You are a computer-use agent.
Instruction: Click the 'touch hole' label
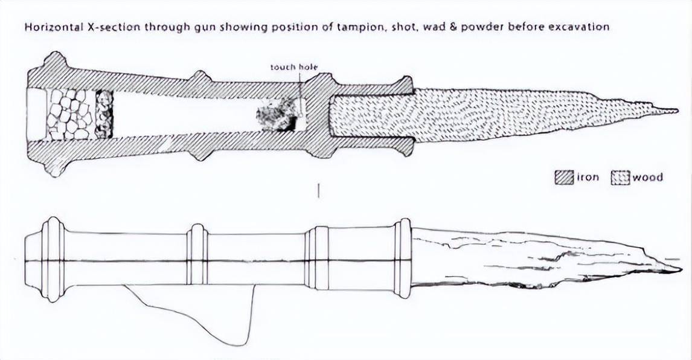294,67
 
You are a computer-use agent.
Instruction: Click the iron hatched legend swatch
564,178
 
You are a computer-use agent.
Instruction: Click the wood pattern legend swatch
620,178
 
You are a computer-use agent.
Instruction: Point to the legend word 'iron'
588,178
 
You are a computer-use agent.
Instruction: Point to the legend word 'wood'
647,178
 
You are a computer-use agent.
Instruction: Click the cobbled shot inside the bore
69,115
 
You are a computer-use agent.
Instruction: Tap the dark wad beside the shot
104,115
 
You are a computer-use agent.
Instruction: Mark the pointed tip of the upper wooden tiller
677,111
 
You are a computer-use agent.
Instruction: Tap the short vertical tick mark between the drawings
319,191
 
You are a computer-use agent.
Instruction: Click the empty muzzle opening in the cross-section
37,115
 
